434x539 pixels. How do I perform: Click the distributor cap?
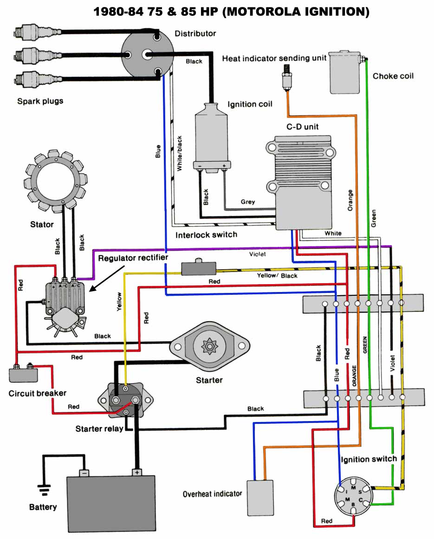pos(148,54)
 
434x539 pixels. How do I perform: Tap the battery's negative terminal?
pos(84,472)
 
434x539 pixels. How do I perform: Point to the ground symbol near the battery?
pos(44,490)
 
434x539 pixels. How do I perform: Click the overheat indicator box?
pos(259,498)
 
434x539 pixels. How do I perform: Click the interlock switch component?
pos(198,268)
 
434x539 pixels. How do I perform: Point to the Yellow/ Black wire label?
pos(277,276)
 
